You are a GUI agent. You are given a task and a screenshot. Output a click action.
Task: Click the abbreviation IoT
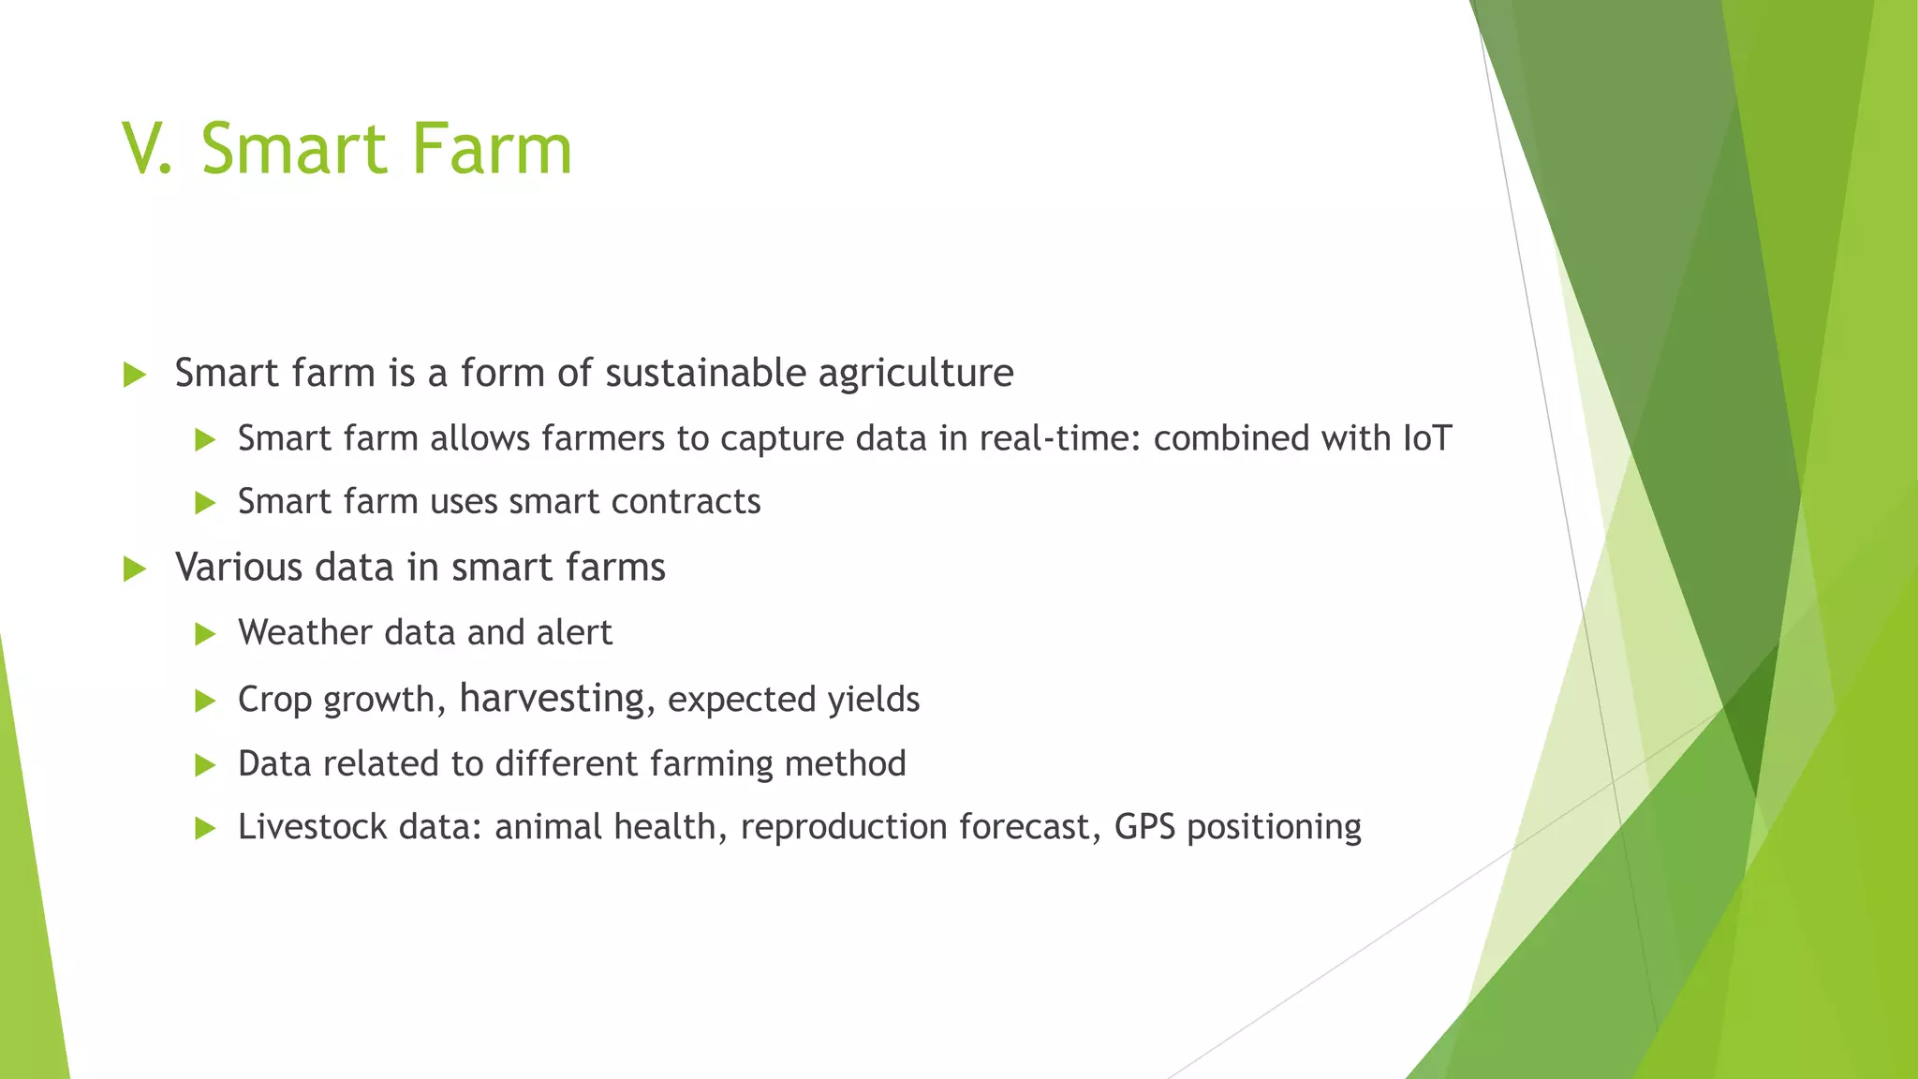coord(1427,438)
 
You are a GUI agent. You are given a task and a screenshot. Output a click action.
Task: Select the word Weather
coord(305,633)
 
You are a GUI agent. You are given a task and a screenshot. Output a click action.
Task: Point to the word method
coord(845,763)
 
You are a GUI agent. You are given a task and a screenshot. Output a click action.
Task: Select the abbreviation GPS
coord(1144,827)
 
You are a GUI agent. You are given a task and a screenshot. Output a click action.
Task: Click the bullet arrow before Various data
coord(135,569)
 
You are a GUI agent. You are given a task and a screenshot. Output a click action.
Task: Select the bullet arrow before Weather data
coord(205,634)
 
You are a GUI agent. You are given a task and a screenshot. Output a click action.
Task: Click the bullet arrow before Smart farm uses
coord(205,503)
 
